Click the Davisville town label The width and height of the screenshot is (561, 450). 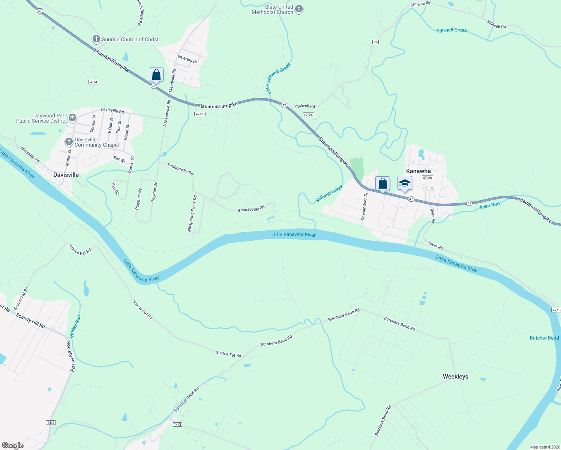pyautogui.click(x=66, y=175)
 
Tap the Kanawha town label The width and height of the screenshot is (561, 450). pyautogui.click(x=418, y=171)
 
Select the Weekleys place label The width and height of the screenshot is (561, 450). pyautogui.click(x=455, y=376)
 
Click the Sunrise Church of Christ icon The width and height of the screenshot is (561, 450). pyautogui.click(x=96, y=39)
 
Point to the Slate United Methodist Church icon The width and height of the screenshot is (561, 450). pyautogui.click(x=299, y=9)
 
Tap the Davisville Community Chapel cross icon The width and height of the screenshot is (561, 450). pyautogui.click(x=69, y=142)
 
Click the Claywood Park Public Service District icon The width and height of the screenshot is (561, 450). pyautogui.click(x=72, y=118)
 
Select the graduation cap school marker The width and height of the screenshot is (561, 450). pyautogui.click(x=405, y=184)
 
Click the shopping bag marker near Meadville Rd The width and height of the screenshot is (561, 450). pyautogui.click(x=156, y=75)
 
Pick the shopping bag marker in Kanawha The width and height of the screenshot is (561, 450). pyautogui.click(x=382, y=184)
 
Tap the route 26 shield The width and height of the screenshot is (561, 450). pyautogui.click(x=376, y=42)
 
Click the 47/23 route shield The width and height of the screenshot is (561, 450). pyautogui.click(x=200, y=114)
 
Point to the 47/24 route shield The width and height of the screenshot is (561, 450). pyautogui.click(x=308, y=115)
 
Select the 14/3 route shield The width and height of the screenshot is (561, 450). pyautogui.click(x=177, y=424)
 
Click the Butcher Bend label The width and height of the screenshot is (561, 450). pyautogui.click(x=544, y=338)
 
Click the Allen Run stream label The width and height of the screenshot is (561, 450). pyautogui.click(x=490, y=205)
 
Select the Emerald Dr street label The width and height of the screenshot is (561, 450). pyautogui.click(x=187, y=59)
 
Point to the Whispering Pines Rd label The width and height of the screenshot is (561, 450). pyautogui.click(x=192, y=214)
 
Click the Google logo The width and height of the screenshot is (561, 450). pyautogui.click(x=13, y=445)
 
